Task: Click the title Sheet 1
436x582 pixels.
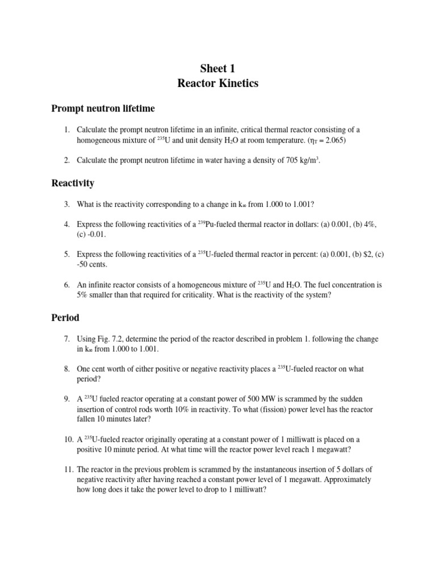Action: pos(217,69)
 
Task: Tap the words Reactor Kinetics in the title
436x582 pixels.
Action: pos(217,84)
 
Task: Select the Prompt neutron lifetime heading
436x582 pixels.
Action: pos(103,108)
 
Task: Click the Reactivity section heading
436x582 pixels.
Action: pos(73,183)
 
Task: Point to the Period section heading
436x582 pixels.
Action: pos(65,317)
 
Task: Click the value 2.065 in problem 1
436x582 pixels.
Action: pos(332,140)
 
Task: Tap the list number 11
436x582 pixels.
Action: pos(68,469)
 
